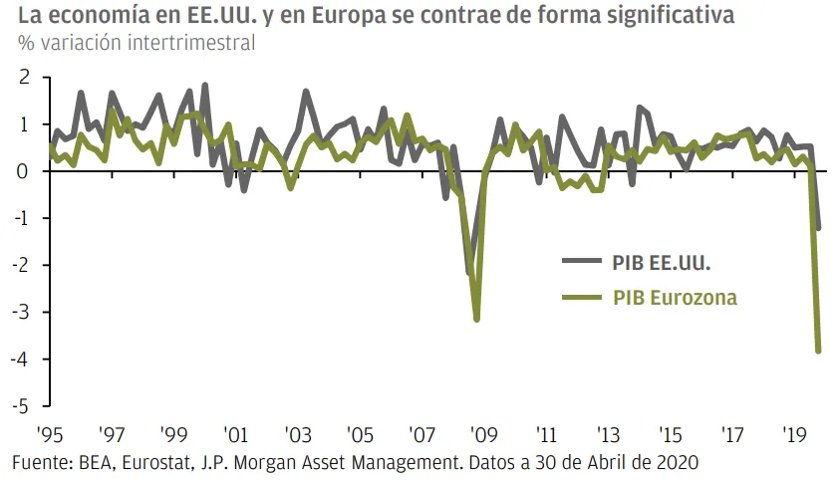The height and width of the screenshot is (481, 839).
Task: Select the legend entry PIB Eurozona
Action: pos(675,297)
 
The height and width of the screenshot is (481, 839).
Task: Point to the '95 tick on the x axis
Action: pos(50,434)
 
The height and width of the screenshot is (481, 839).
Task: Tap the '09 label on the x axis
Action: pos(484,434)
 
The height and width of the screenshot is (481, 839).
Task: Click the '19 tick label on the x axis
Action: pos(795,434)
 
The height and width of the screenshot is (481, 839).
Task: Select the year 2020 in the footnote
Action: pos(677,462)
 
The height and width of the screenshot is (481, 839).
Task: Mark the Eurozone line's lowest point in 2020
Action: pos(819,350)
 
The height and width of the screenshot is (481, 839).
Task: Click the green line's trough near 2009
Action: pos(477,319)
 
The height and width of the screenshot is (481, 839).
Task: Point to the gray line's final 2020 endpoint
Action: pos(819,228)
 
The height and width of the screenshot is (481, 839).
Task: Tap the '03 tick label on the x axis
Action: pos(297,434)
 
